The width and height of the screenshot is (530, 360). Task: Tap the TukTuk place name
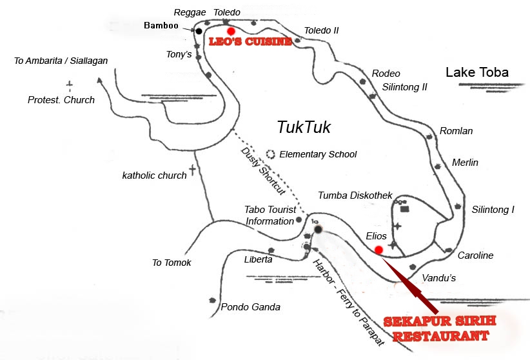303,127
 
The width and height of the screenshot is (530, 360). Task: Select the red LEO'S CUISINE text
246,42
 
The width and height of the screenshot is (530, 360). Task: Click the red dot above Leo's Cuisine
231,30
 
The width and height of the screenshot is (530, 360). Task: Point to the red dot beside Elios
378,250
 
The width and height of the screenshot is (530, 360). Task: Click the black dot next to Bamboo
199,30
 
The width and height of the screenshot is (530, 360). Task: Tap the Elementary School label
318,155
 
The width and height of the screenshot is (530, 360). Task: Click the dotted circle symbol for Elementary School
271,155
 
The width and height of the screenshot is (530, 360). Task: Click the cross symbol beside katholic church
192,170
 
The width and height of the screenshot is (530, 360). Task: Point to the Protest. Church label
61,100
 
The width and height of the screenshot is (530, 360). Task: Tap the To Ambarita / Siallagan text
61,61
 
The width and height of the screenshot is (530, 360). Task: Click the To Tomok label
172,263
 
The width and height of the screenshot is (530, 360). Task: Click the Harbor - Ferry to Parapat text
348,303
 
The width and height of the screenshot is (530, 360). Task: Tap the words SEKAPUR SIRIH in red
435,322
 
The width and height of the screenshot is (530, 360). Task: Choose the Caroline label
475,255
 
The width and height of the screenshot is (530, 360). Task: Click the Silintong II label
404,86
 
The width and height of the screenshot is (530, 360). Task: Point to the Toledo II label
321,30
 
